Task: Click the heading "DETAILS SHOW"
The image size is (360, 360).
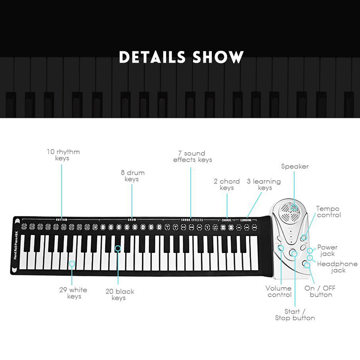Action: (x=181, y=57)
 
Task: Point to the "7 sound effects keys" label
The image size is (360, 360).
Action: (x=193, y=157)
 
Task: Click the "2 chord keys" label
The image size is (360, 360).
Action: (x=226, y=184)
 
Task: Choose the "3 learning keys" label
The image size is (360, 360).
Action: (x=264, y=184)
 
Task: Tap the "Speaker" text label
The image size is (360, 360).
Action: (x=295, y=166)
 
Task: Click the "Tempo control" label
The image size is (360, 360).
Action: (x=328, y=212)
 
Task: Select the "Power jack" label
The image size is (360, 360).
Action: (x=327, y=251)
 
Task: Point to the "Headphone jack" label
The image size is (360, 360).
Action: (x=337, y=267)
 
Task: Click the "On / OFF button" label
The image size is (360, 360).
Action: (x=320, y=291)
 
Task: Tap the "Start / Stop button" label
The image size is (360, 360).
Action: (x=295, y=315)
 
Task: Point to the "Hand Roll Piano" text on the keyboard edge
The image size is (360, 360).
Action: (x=15, y=246)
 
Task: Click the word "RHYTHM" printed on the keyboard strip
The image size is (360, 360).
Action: (x=62, y=220)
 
